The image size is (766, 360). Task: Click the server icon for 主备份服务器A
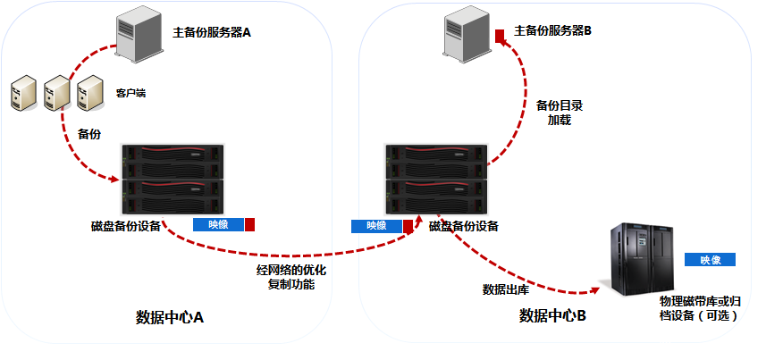(x=138, y=38)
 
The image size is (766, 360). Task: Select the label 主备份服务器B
(x=552, y=31)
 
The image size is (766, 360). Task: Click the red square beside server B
(x=500, y=35)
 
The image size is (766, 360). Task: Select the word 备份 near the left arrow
(x=90, y=134)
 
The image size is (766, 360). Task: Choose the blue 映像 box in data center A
(x=217, y=224)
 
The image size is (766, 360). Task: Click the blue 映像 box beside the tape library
(x=711, y=260)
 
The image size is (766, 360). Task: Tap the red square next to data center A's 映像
(x=250, y=224)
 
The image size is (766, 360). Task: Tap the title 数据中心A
(x=170, y=317)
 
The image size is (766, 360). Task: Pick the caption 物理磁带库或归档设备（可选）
(x=699, y=308)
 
